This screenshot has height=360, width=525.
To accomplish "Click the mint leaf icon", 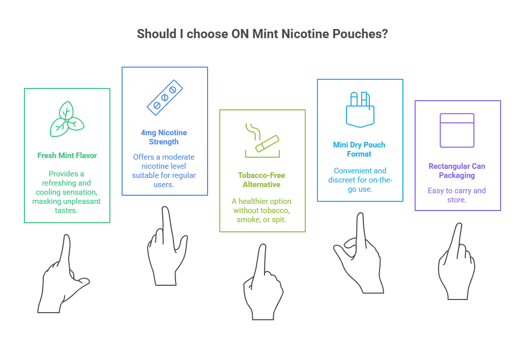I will (67, 120).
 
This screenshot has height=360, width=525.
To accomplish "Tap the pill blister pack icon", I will (164, 97).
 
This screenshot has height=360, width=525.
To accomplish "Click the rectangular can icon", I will (457, 130).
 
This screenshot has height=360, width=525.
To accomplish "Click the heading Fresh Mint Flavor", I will (67, 156).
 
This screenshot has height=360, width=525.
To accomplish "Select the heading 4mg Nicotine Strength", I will (164, 137).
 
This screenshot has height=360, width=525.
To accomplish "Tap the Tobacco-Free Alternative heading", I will (262, 180).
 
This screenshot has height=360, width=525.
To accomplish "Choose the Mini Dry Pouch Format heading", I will (359, 149).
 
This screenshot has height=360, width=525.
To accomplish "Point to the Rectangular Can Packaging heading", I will (457, 171).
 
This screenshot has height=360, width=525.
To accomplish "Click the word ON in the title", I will (241, 35).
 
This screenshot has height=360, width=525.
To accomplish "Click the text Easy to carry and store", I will (457, 195).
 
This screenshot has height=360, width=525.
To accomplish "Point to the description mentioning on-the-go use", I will (360, 179).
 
